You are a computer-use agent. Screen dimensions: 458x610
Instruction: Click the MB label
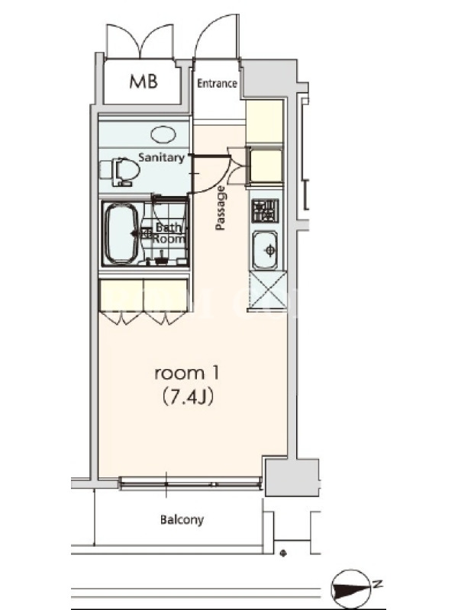tap(144, 82)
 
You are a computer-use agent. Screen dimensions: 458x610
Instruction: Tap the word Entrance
tap(217, 83)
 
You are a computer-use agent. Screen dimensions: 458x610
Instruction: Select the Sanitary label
tap(161, 158)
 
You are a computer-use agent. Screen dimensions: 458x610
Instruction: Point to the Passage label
tap(220, 208)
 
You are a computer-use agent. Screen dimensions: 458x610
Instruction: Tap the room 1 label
tap(187, 373)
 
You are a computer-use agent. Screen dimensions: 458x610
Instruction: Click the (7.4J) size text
tap(187, 396)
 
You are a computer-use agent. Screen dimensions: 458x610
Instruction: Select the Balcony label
tap(182, 520)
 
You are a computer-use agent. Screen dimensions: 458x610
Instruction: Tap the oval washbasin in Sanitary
tap(163, 135)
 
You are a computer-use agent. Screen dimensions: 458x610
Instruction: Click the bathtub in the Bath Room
tap(121, 233)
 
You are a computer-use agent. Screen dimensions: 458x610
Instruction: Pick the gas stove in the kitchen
tap(265, 211)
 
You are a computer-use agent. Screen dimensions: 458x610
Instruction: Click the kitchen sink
tap(266, 250)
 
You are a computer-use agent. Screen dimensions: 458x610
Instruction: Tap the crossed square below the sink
tap(266, 290)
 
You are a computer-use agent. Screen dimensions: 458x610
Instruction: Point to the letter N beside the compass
tap(376, 584)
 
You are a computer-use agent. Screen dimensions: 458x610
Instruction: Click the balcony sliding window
tap(190, 484)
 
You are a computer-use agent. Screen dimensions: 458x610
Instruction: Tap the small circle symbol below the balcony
tap(283, 554)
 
